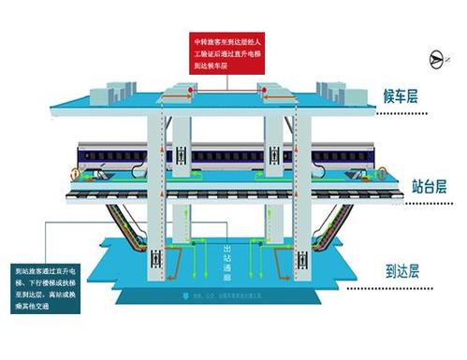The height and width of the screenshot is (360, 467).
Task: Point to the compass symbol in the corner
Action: [433, 59]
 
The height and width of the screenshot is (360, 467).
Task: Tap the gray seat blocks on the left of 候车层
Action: [111, 89]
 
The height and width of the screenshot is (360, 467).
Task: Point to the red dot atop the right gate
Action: [267, 91]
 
